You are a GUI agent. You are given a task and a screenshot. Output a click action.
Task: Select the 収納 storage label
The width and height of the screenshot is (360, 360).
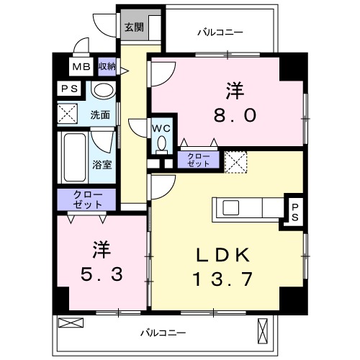pyautogui.click(x=107, y=67)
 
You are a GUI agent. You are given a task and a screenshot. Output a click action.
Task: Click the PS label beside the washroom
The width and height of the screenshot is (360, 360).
pyautogui.click(x=70, y=89)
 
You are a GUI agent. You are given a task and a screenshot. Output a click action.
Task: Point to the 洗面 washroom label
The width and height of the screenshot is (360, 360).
pyautogui.click(x=99, y=114)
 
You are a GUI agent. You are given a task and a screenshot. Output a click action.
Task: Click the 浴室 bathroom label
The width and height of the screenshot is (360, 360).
pyautogui.click(x=102, y=164)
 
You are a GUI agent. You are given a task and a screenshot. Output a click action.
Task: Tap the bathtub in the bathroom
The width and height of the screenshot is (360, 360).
pyautogui.click(x=73, y=158)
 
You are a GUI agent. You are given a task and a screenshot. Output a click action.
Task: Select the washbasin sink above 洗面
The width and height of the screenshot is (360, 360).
pyautogui.click(x=104, y=91)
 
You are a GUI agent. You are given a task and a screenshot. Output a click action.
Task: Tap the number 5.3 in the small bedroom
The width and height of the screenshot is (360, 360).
pyautogui.click(x=101, y=274)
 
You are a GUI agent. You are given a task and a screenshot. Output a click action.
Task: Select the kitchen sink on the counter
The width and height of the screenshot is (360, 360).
pyautogui.click(x=232, y=207)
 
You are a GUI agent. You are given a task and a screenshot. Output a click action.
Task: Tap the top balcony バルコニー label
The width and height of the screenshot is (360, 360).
pyautogui.click(x=220, y=32)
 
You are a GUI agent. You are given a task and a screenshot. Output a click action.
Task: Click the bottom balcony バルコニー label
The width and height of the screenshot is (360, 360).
pyautogui.click(x=162, y=333)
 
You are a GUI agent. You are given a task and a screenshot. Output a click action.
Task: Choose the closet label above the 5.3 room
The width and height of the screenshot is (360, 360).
pyautogui.click(x=84, y=198)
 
